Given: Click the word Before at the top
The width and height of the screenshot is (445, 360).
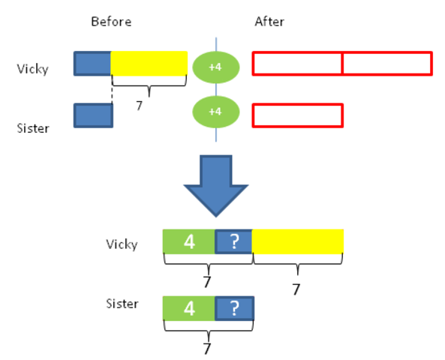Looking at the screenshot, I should (111, 22).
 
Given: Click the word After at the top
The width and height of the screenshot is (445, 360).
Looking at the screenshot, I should (269, 22).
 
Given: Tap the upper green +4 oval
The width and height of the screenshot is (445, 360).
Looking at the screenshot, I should (215, 67).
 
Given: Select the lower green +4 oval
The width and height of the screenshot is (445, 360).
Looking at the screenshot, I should (215, 112).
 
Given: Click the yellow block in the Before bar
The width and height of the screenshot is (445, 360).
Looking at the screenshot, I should (149, 64).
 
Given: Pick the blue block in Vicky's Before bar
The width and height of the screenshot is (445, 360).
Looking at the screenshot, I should (92, 64).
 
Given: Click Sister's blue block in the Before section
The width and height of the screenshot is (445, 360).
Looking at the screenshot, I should (93, 115).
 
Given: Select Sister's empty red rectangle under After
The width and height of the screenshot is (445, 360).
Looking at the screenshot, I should (297, 115).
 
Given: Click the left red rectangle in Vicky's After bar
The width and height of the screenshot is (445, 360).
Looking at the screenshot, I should (297, 64).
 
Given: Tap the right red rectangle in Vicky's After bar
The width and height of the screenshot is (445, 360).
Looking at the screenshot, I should (387, 64).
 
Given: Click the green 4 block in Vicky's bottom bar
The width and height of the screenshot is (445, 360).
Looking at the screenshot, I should (189, 241).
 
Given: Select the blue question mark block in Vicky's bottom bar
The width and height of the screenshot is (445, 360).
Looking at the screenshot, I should (234, 241).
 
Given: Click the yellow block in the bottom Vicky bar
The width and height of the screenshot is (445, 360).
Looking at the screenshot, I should (298, 241).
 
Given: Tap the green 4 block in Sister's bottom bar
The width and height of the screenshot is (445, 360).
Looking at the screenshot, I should (189, 308).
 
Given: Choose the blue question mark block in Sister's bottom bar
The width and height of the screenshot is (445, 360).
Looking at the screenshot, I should (234, 308).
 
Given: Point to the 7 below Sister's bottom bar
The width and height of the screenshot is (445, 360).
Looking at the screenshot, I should (207, 349).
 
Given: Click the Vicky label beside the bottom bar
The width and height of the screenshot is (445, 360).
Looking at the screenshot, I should (122, 244).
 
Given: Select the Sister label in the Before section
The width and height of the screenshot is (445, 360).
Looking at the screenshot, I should (33, 128).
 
